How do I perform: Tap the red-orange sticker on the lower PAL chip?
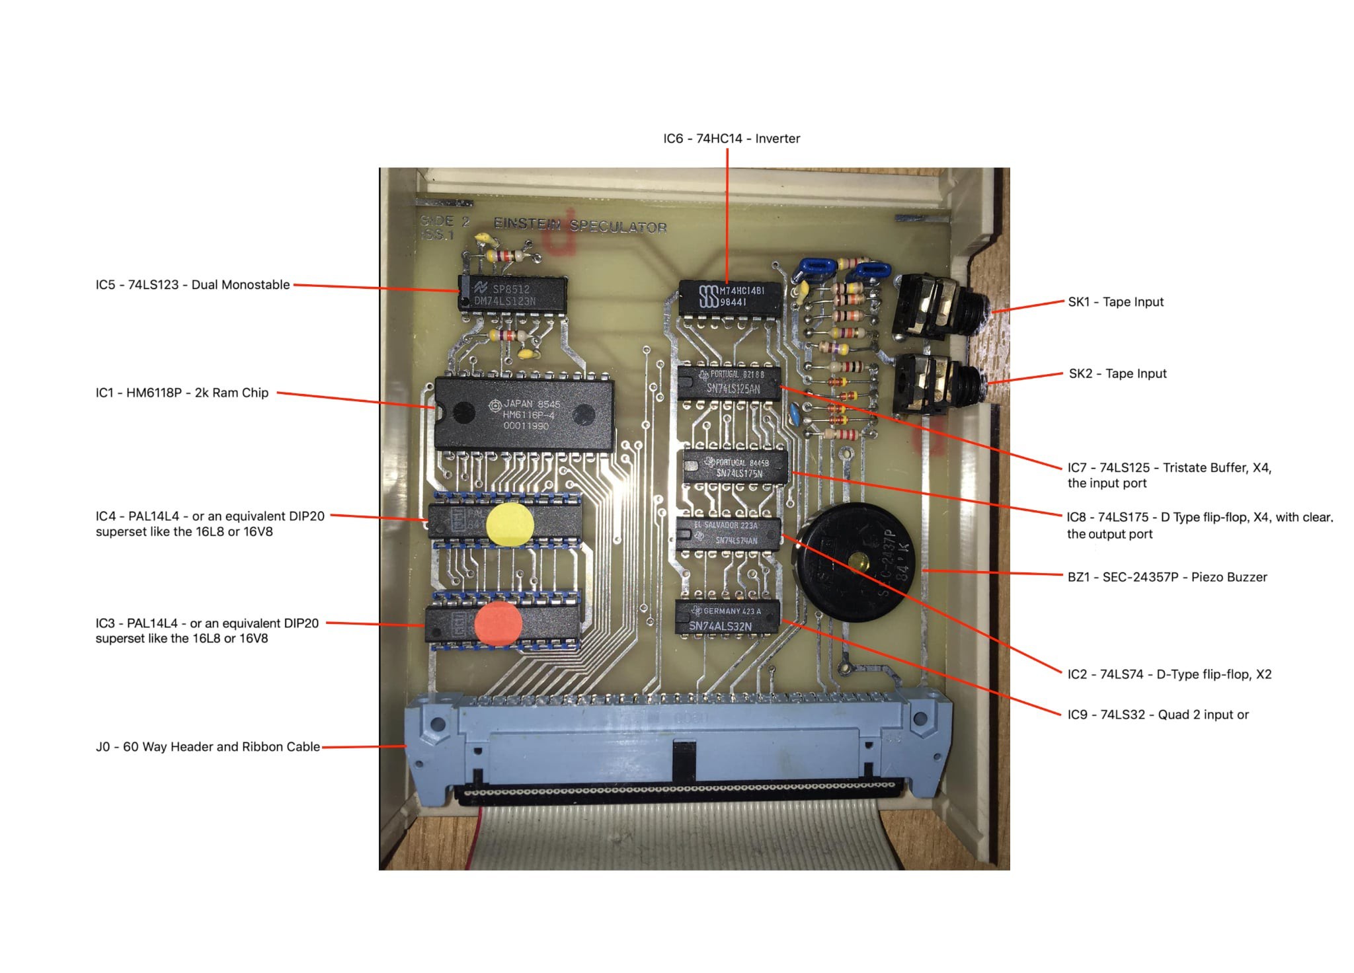tap(498, 623)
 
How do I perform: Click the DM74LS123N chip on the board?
tap(513, 294)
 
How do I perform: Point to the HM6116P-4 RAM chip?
tap(524, 414)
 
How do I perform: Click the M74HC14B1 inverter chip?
tap(731, 297)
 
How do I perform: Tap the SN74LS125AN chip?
tap(729, 383)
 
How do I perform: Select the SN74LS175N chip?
tap(736, 467)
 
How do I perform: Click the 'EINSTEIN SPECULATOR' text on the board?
tap(580, 225)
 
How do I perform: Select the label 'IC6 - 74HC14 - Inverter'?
tap(731, 139)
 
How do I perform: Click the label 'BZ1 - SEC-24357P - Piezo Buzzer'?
tap(1167, 577)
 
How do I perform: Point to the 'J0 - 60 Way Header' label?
tap(208, 747)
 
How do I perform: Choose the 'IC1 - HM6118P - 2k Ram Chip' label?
tap(182, 393)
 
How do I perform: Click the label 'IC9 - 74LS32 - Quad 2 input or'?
tap(1158, 715)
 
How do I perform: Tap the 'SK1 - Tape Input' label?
tap(1115, 302)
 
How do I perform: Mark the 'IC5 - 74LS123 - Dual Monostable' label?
tap(192, 285)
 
